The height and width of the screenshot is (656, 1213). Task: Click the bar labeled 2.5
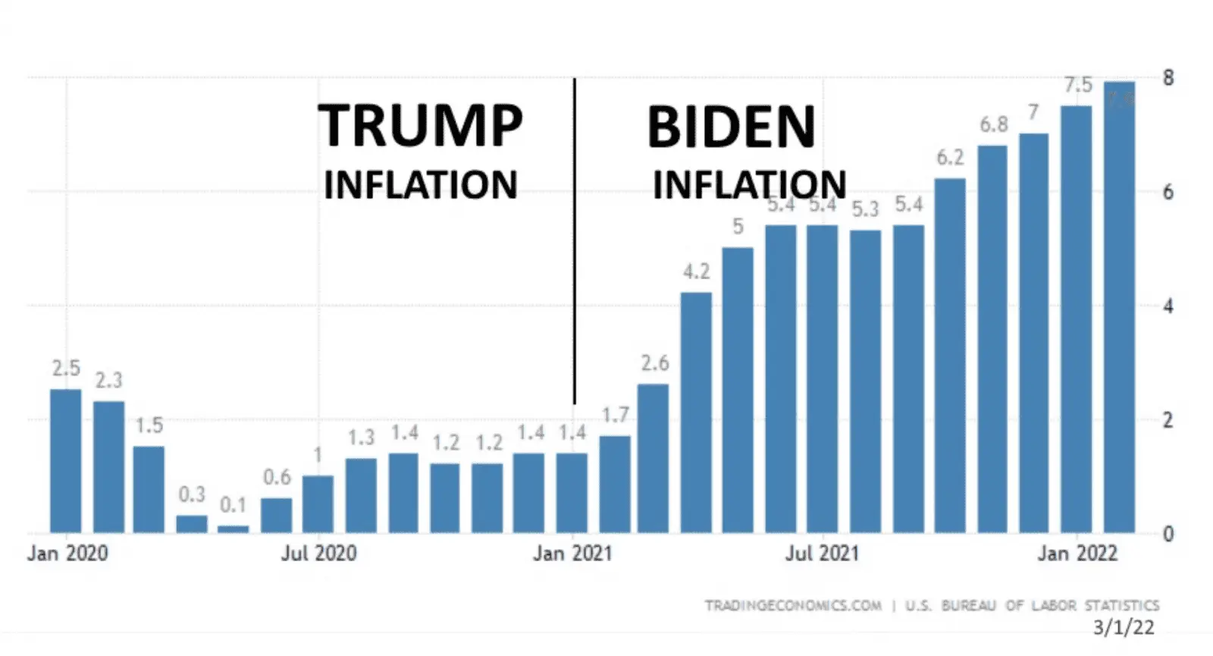click(65, 460)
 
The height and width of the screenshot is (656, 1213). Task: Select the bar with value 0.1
click(233, 529)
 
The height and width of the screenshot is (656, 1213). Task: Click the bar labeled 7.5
click(1076, 319)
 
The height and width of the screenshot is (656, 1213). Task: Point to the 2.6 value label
click(655, 363)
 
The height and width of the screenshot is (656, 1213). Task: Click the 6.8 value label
click(993, 124)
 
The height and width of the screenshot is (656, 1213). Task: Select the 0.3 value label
click(192, 494)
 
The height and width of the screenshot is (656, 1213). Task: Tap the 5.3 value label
click(865, 209)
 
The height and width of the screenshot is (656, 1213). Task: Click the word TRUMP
click(420, 126)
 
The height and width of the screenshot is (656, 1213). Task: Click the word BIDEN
click(731, 127)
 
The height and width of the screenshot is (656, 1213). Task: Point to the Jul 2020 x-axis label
click(318, 553)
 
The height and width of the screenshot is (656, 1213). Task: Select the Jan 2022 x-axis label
click(1077, 553)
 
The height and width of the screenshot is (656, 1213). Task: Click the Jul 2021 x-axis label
click(822, 553)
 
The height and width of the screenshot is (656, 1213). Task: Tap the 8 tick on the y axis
click(1168, 77)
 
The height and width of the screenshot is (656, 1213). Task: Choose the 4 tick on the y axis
click(1168, 306)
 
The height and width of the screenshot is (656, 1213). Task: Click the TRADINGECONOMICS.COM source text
click(793, 605)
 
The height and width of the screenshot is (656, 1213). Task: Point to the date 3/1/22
click(1124, 627)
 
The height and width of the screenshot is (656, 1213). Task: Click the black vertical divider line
click(574, 243)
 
